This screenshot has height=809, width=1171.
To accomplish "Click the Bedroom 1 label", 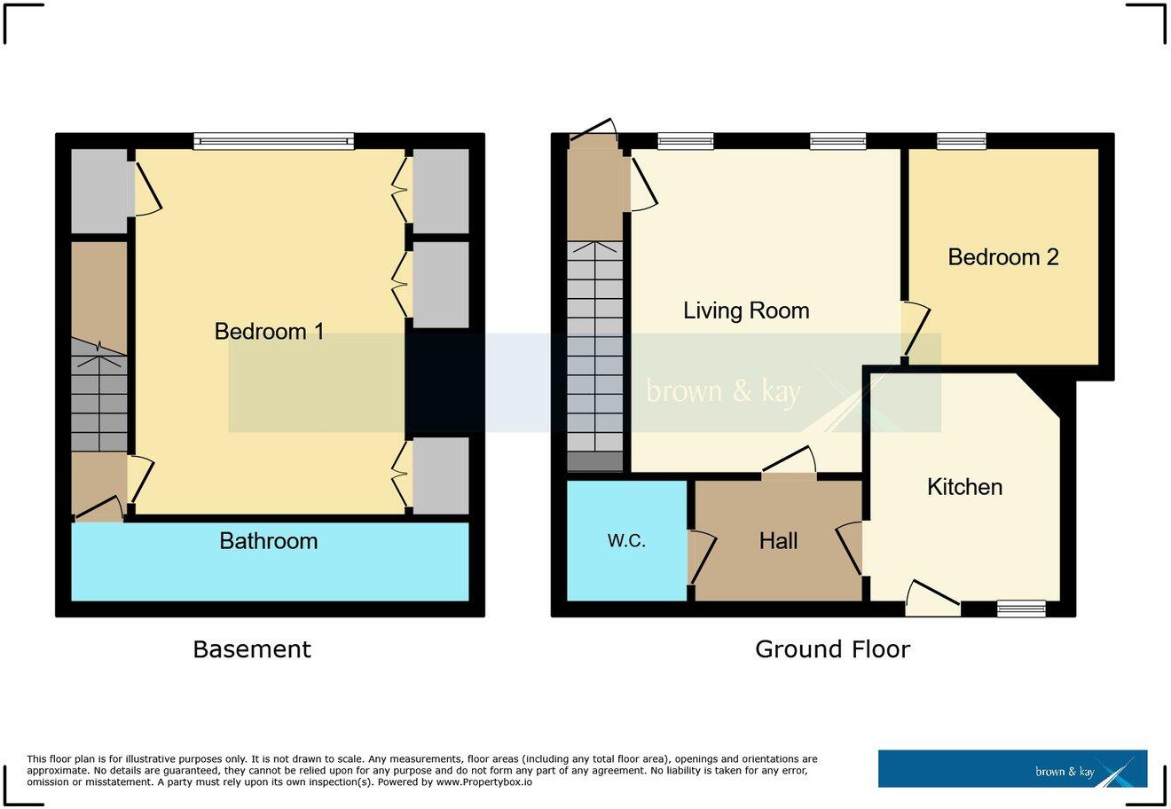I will (269, 332).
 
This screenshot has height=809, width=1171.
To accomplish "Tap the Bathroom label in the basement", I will (268, 541).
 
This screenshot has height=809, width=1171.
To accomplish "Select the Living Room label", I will (745, 310).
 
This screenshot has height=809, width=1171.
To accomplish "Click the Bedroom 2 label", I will (1002, 257).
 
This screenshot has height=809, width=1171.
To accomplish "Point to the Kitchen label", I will (964, 487).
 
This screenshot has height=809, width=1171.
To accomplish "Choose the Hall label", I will (778, 541).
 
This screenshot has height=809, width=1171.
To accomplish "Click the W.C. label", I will (626, 541).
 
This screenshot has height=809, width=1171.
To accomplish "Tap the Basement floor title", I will (252, 649).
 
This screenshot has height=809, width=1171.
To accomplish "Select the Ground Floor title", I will (832, 649).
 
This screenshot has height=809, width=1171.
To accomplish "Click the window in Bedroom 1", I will (273, 141).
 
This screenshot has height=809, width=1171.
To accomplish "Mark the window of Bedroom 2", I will (962, 141).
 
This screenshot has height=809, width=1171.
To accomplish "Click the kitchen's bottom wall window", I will (1021, 609).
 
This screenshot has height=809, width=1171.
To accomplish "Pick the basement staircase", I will (98, 399).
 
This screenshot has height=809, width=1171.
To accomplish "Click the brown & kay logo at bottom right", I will (1012, 769).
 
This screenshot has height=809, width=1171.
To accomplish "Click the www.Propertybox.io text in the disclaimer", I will (483, 782).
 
